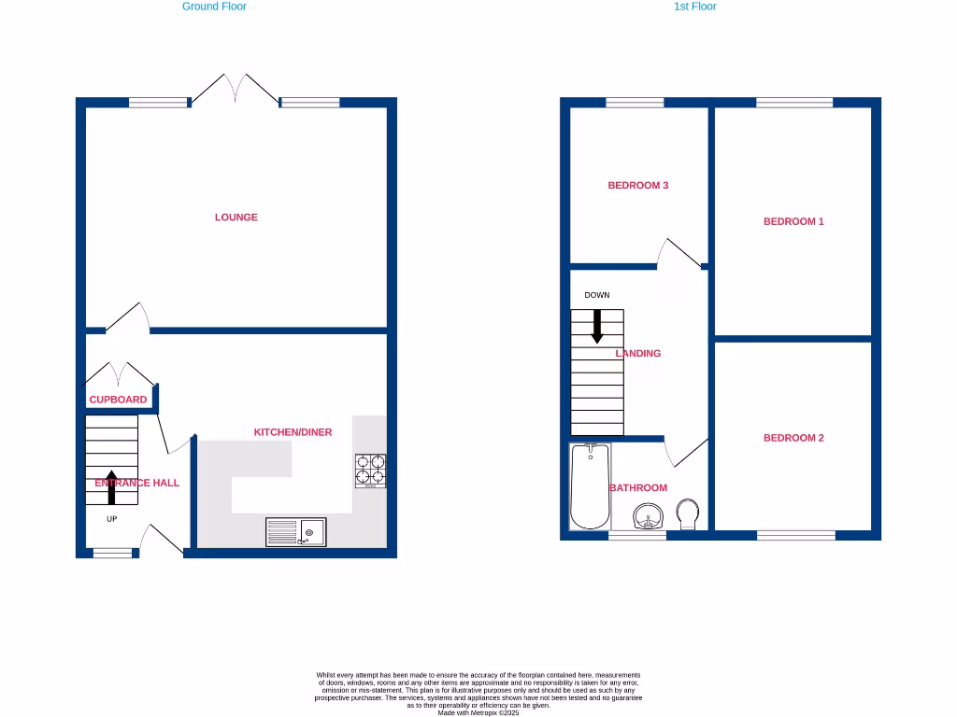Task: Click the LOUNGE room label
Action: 236,218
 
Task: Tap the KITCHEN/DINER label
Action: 293,432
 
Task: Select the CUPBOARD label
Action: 118,400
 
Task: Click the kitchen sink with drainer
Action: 295,532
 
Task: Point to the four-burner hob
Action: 371,471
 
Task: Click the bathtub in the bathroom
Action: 590,485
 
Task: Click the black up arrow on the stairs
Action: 111,487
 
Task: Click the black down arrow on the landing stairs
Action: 596,325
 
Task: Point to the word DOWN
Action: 597,295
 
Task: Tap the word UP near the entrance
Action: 111,519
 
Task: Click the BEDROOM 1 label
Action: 793,221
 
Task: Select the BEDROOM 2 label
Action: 793,438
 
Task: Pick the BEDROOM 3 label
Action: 638,185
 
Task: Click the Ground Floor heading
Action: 214,7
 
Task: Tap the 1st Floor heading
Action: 695,7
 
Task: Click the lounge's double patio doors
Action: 235,91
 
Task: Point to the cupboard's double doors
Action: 119,375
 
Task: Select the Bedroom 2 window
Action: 796,535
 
